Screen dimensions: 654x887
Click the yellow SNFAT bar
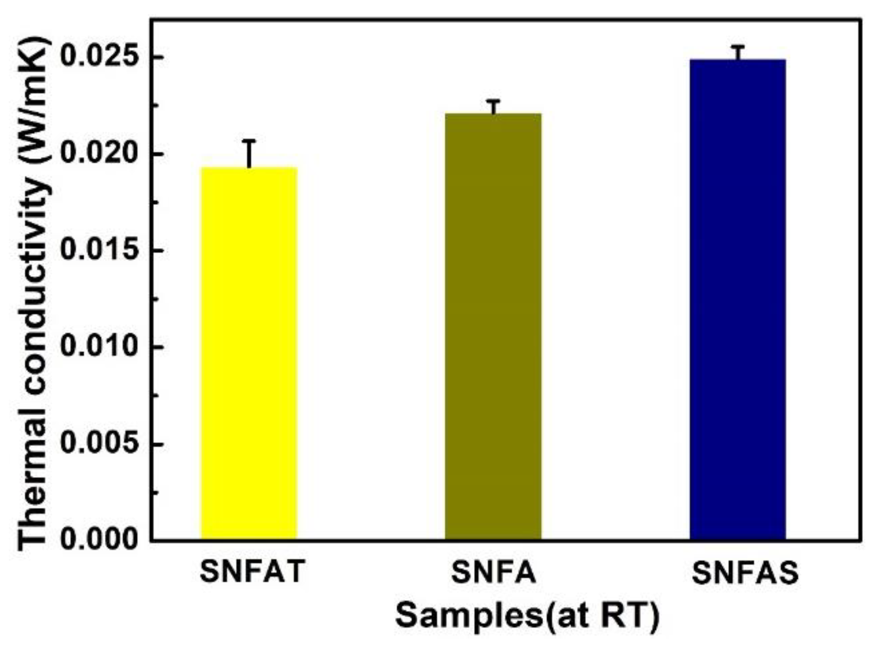point(249,353)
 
